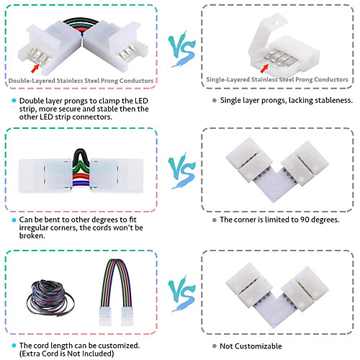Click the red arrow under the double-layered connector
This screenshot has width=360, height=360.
[x=35, y=68]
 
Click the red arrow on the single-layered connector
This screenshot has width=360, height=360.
[x=264, y=68]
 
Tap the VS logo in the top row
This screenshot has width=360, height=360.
[x=181, y=49]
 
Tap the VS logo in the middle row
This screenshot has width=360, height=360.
[x=181, y=171]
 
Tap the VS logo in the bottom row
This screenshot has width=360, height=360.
[x=181, y=293]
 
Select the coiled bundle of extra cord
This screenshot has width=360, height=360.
[x=50, y=297]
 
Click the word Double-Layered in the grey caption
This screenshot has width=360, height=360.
[x=32, y=81]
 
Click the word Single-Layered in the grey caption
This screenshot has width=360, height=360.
[x=228, y=79]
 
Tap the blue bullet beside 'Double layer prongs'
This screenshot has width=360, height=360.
[x=14, y=101]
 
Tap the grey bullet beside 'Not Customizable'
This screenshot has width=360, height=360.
[x=215, y=346]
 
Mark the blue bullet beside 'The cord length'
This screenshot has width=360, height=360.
[x=14, y=346]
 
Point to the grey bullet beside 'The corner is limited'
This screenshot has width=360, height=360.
[x=215, y=220]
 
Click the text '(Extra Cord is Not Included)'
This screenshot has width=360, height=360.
[x=66, y=354]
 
